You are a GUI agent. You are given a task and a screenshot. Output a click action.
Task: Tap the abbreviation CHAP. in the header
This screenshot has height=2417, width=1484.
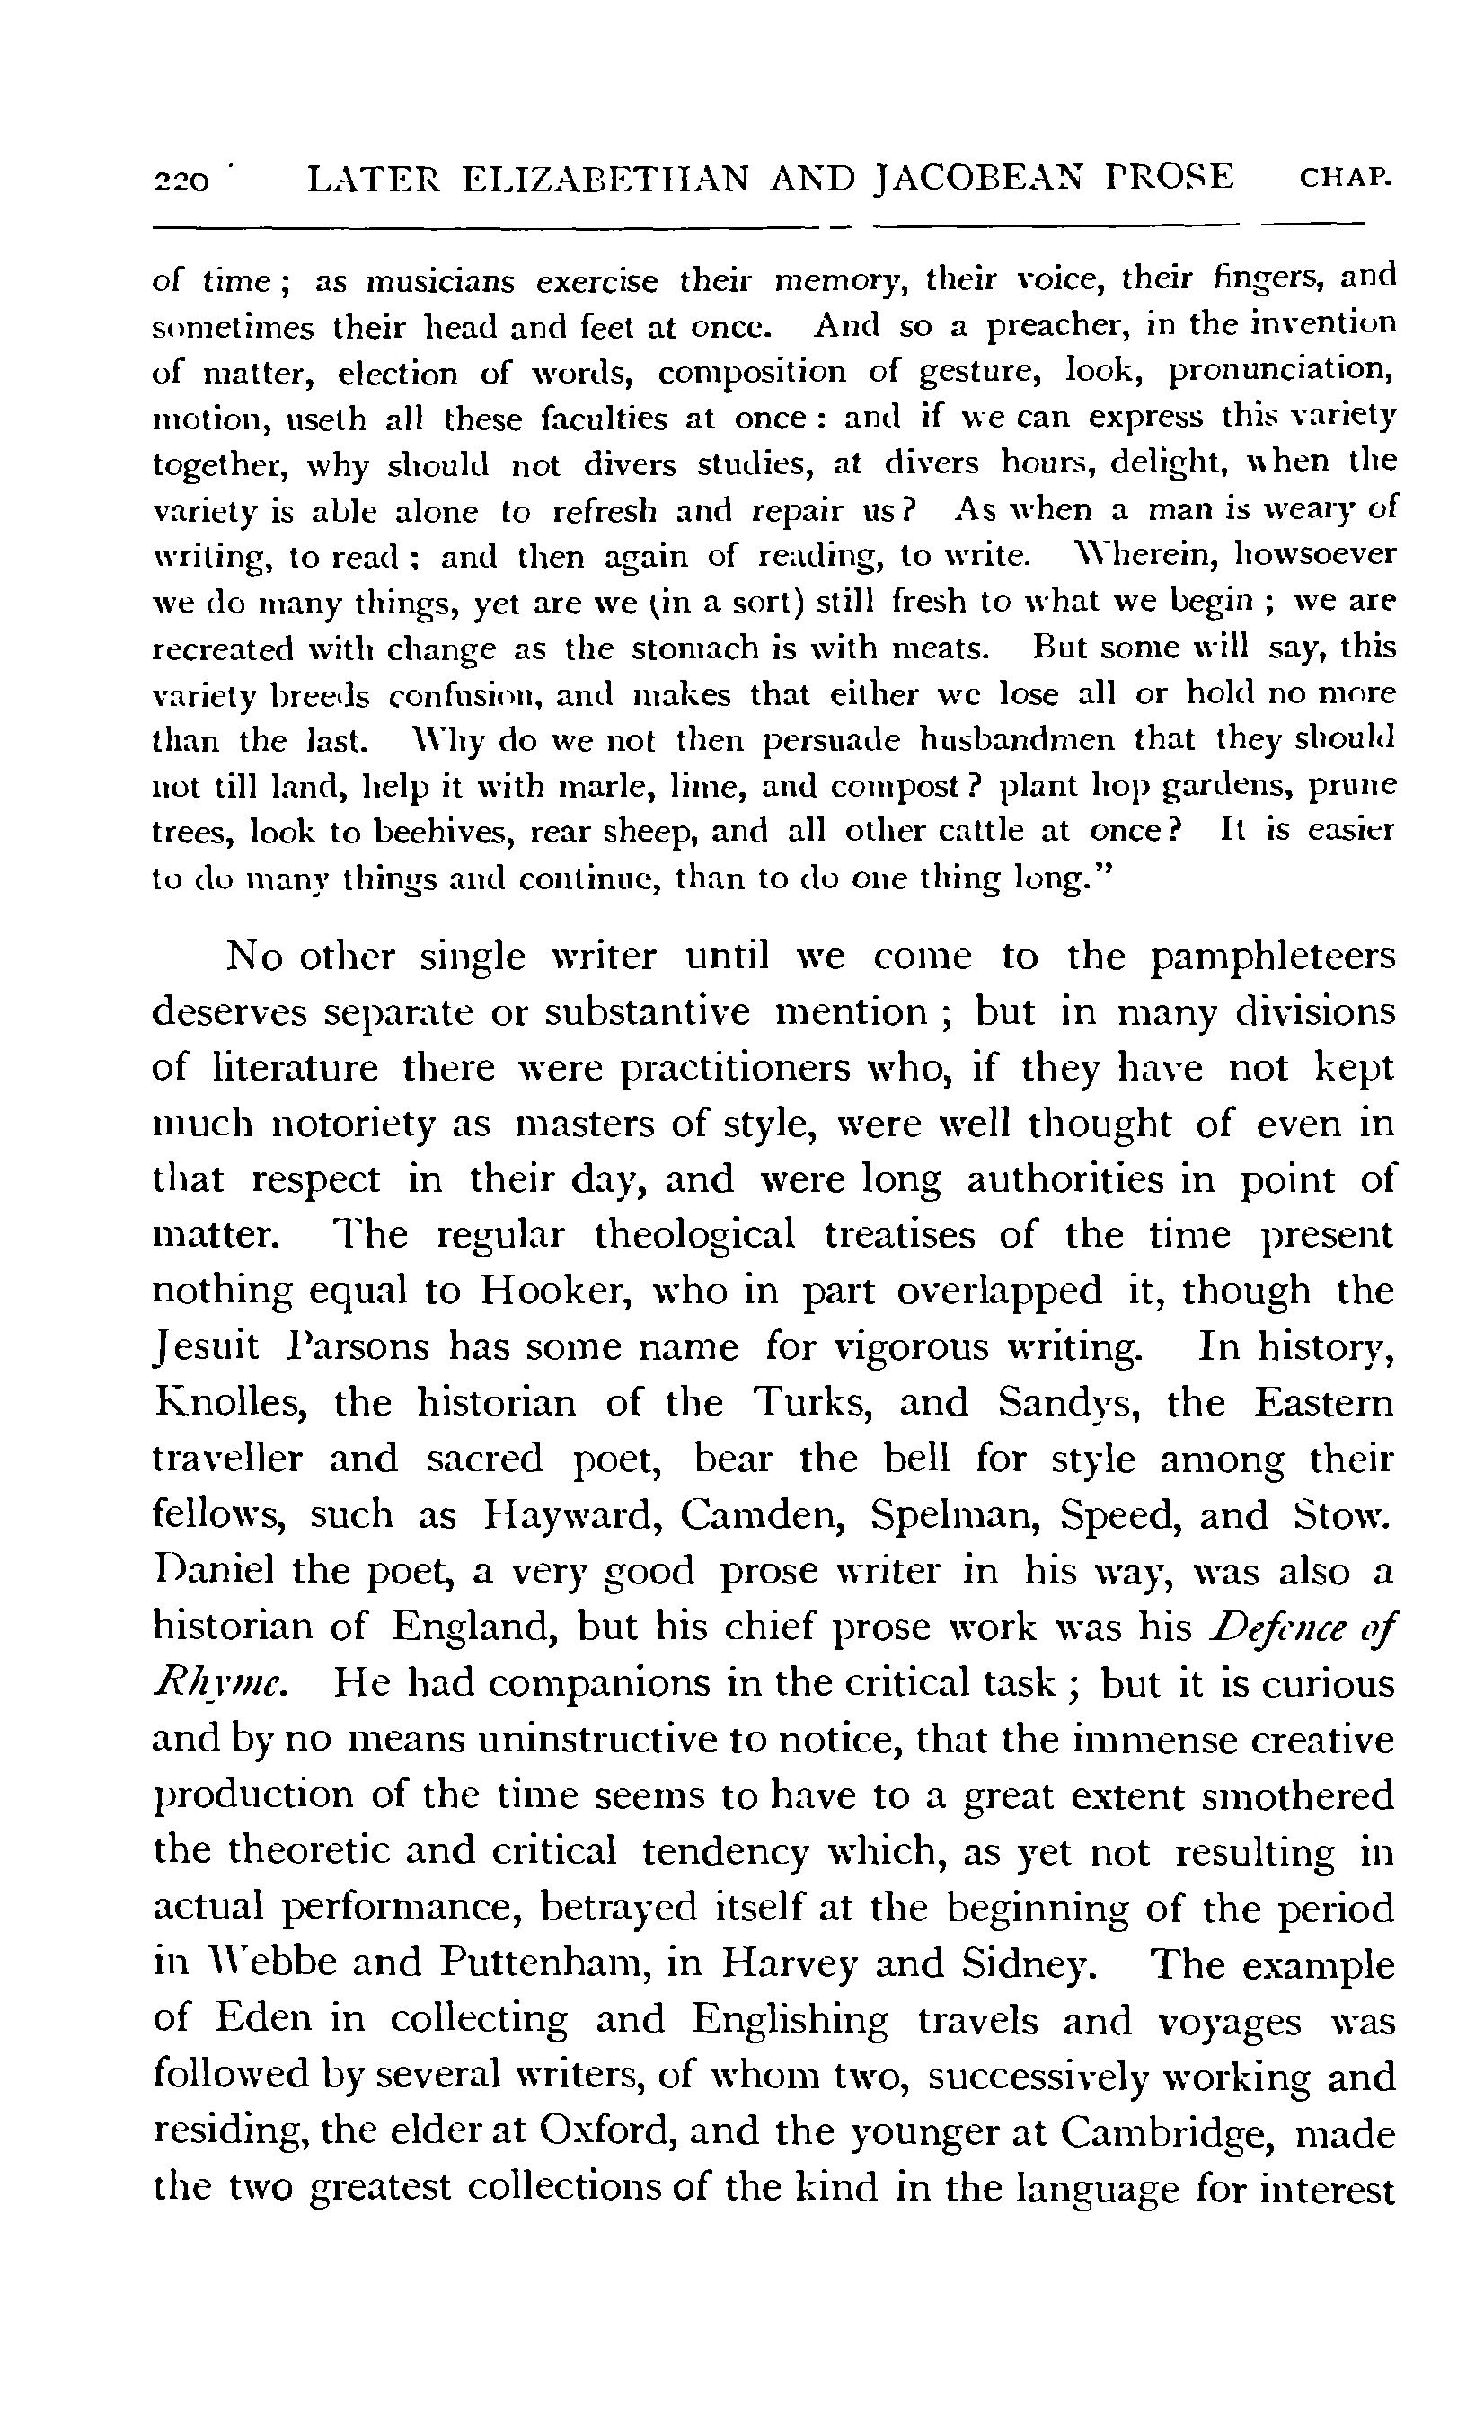1345,180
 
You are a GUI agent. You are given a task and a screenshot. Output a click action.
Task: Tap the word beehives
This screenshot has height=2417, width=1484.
437,832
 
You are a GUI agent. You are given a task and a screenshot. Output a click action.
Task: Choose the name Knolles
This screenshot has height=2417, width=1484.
231,1402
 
